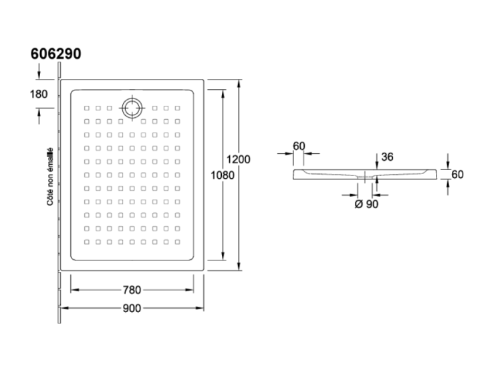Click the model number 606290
coord(55,54)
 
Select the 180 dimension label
coord(39,94)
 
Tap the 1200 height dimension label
coord(239,159)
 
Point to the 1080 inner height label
coord(223,175)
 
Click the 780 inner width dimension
coord(132,290)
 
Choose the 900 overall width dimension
coord(132,308)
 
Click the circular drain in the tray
coord(132,108)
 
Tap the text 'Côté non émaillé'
coord(49,177)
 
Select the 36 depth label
coord(387,157)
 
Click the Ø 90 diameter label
coord(366,204)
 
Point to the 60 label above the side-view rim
coord(299,146)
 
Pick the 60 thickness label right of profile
coord(457,175)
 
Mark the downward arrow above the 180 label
coord(39,71)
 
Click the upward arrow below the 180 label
coord(39,116)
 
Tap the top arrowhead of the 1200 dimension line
coord(239,83)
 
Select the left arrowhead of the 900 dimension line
coord(65,308)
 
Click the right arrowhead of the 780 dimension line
coord(190,289)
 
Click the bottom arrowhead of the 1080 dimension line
coord(223,256)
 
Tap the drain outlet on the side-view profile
coord(365,177)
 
